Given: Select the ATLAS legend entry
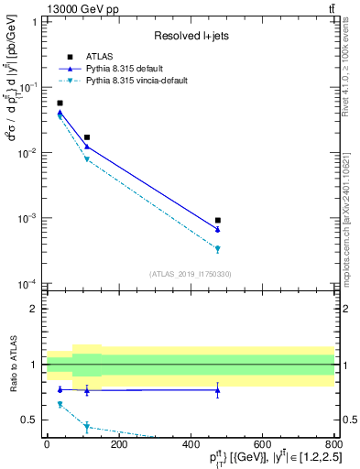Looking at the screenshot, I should point(98,57).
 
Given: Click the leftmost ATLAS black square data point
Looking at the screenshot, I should point(60,104).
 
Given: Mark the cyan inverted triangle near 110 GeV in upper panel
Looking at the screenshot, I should point(87,159).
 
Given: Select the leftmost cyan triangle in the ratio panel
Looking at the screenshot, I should point(60,404).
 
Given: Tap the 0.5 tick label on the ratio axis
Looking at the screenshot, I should point(32,420).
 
